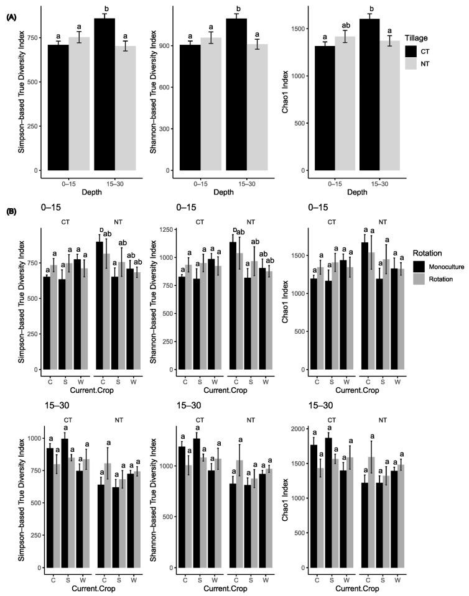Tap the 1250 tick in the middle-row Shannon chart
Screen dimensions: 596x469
pos(166,229)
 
